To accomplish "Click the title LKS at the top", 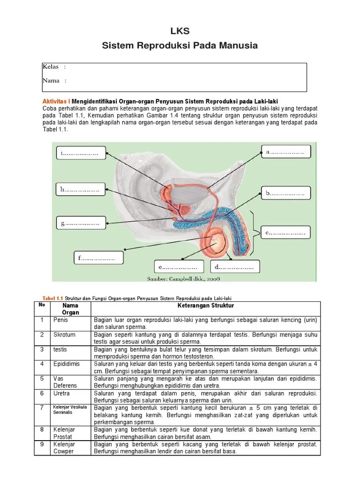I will coord(180,31).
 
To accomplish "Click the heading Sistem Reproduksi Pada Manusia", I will coord(180,46).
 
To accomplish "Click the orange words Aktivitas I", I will coord(56,102).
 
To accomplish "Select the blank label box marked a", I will coord(285,152).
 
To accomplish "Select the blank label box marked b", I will coord(285,193).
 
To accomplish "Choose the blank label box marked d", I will coord(234,267).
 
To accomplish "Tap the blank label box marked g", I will coord(80,224).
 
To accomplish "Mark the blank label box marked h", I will coord(80,190).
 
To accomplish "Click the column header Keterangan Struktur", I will coord(206,306).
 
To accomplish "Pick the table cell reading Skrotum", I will coord(64,335).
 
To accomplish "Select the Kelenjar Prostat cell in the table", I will coord(64,433).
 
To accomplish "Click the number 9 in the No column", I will coord(42,444).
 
